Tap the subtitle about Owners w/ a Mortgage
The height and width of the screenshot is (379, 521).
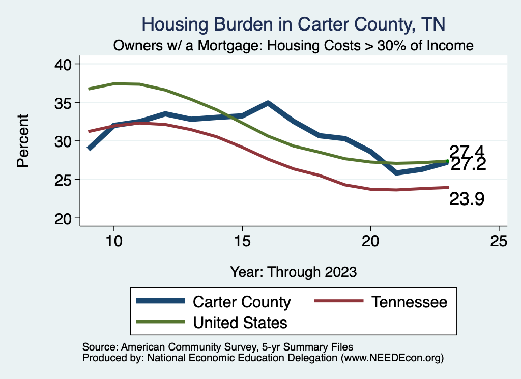[294, 45]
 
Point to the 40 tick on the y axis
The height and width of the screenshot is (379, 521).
[65, 64]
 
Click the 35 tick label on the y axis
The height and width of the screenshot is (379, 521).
[65, 103]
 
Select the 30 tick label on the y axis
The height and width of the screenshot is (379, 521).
[65, 141]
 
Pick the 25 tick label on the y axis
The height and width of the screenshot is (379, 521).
[65, 180]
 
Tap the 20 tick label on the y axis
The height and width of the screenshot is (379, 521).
[65, 218]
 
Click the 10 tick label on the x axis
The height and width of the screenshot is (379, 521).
[114, 241]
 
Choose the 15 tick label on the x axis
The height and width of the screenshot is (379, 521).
[242, 241]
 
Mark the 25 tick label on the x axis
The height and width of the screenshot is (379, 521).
[499, 241]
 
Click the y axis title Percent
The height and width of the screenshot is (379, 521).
[22, 141]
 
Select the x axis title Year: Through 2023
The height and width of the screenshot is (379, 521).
[294, 271]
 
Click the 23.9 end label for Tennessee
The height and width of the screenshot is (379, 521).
[466, 199]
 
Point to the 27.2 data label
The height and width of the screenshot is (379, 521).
[468, 164]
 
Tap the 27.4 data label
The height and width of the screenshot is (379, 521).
[466, 151]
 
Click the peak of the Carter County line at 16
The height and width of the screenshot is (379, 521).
[268, 103]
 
